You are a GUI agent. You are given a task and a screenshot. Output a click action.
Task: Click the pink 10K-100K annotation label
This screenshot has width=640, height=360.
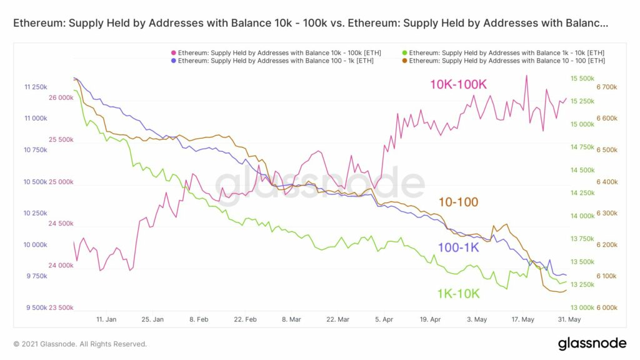pos(458,84)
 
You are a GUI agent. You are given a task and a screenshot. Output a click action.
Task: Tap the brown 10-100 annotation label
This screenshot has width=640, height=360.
pos(458,202)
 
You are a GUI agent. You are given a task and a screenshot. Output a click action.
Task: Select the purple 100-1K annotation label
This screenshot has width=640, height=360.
pos(458,247)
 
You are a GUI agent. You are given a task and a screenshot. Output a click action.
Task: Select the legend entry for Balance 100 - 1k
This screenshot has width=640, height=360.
pos(276,61)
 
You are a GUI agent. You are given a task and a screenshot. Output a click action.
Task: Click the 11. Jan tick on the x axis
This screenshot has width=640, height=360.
pos(107,319)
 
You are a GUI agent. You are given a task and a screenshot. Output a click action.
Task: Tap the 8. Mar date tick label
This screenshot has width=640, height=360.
pos(291,319)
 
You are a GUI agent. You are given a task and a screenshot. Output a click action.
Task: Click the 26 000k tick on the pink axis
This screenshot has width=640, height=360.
pos(61,97)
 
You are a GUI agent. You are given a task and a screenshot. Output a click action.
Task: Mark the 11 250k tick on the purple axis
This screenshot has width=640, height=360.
pos(36,87)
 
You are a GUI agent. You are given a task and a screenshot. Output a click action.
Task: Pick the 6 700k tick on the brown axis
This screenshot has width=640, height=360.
pos(607,87)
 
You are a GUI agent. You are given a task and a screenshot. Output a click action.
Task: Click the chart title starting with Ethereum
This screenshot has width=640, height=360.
pos(311,23)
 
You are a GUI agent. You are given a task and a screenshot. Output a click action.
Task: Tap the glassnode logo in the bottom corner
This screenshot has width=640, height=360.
pos(592,343)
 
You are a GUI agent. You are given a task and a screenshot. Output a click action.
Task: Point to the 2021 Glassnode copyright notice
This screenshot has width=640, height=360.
pos(80,344)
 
